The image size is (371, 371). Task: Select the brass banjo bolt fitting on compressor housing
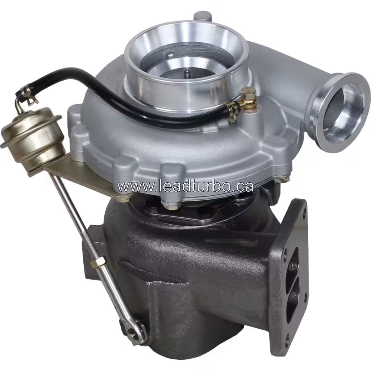point(248,99)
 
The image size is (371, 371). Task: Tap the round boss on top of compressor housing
point(201,16)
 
